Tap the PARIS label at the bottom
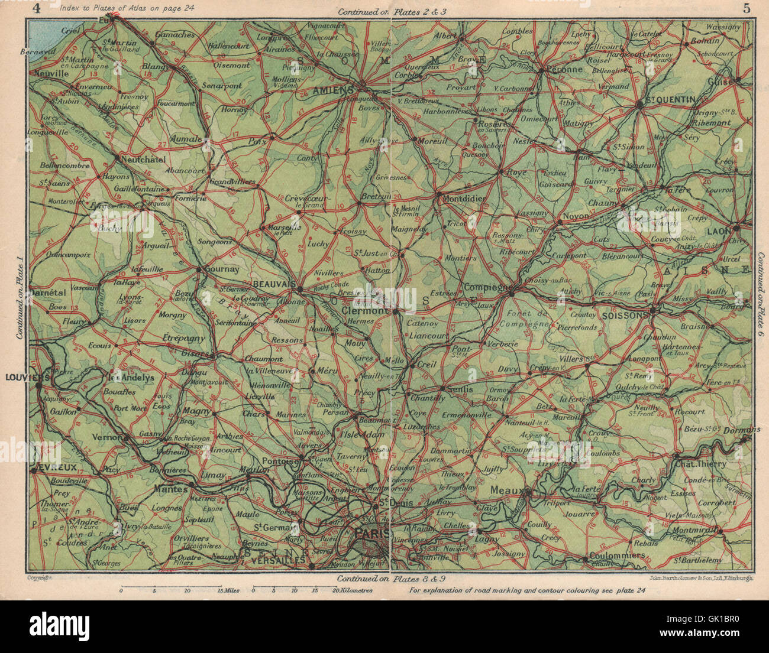pyautogui.click(x=371, y=534)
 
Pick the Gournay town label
pyautogui.click(x=222, y=269)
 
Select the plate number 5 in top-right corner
pyautogui.click(x=746, y=8)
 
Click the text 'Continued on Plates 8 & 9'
pyautogui.click(x=387, y=579)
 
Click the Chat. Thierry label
pyautogui.click(x=703, y=464)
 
